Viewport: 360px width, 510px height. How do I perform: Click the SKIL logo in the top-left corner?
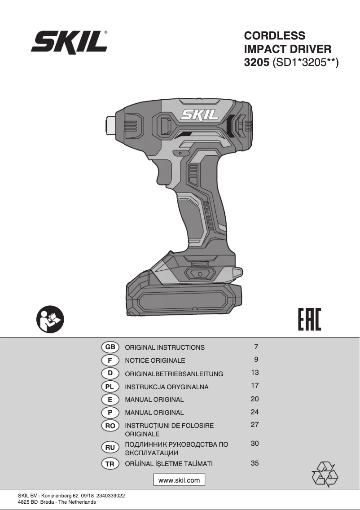click(x=69, y=42)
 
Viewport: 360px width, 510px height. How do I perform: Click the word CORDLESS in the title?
click(x=274, y=35)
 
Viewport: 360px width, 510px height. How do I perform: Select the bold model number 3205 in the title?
click(x=257, y=62)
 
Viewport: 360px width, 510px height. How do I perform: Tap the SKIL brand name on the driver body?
click(x=199, y=114)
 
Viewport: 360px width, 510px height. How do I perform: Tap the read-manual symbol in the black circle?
click(x=50, y=319)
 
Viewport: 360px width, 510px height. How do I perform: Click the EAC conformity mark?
click(x=309, y=319)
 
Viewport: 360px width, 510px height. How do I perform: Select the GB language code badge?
click(x=110, y=347)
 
